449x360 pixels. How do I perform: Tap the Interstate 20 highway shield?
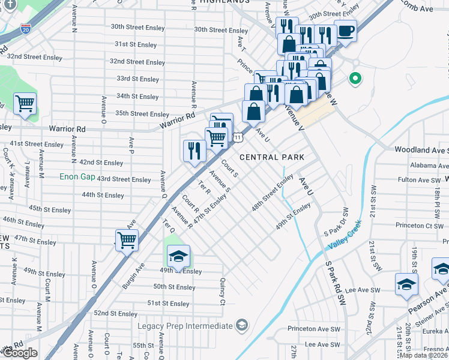click(25, 28)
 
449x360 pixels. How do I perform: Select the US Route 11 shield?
click(238, 137)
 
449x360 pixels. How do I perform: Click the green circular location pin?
click(355, 78)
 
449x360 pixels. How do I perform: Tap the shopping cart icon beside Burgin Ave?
click(127, 240)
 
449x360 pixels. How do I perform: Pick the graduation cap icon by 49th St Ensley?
click(178, 257)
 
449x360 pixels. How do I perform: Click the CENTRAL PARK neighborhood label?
click(272, 157)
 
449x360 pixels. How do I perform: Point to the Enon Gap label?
click(77, 177)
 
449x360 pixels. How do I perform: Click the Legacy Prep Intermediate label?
click(185, 326)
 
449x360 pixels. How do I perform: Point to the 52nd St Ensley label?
click(116, 313)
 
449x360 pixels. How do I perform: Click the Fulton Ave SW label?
click(420, 180)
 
